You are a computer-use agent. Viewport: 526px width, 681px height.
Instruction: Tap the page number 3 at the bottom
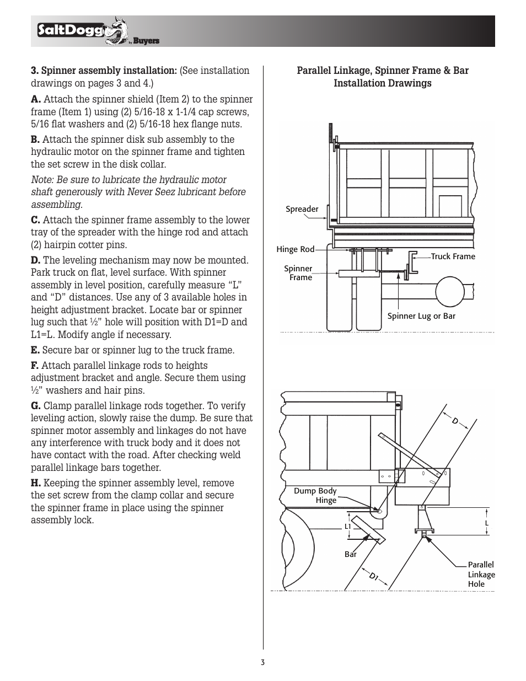263,662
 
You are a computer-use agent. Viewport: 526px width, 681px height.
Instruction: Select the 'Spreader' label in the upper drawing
302,209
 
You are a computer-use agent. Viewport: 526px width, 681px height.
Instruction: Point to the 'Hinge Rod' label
295,249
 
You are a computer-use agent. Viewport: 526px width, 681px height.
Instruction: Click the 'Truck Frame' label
453,256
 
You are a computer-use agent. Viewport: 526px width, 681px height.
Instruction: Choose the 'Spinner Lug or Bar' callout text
421,316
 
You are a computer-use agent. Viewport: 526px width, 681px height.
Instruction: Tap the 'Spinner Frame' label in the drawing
298,273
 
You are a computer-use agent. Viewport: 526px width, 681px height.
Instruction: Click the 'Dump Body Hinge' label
315,495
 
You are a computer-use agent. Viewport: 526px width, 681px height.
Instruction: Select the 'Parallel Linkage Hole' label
481,574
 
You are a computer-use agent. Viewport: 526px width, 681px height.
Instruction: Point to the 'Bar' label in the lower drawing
351,554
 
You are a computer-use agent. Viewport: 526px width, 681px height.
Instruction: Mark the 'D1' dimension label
374,577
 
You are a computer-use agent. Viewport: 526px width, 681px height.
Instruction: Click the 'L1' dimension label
348,527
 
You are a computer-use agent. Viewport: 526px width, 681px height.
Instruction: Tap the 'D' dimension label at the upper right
455,421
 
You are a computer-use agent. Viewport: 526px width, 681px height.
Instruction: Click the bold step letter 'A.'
36,100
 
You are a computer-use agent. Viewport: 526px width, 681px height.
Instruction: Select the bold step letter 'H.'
36,483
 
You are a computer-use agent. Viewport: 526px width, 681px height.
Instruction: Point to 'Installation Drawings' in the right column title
382,83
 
